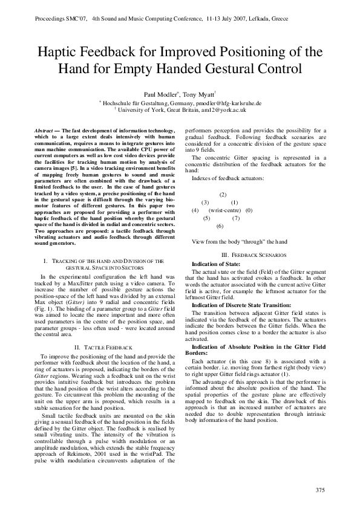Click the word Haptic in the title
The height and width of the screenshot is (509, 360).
click(x=59, y=52)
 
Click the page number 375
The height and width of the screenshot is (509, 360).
click(x=321, y=488)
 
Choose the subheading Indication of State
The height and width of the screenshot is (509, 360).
click(x=215, y=264)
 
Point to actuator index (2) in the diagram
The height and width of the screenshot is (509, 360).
click(x=223, y=194)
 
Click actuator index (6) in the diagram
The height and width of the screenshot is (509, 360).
click(x=220, y=225)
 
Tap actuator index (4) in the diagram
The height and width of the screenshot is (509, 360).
click(x=195, y=210)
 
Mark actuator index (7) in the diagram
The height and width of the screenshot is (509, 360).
click(x=236, y=218)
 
